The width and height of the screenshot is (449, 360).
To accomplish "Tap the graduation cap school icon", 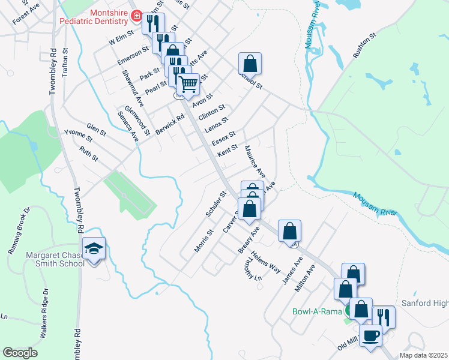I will click(x=94, y=249).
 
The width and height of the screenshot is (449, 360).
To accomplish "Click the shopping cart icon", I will click(x=188, y=83).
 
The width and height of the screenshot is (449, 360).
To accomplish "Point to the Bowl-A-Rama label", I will click(x=316, y=311).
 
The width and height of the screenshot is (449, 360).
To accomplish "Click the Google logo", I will click(x=20, y=353).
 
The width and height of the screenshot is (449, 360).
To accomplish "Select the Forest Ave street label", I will click(x=25, y=14).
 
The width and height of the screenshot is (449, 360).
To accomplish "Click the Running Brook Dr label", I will click(x=19, y=232).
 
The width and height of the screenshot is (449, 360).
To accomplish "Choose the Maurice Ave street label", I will click(x=255, y=160).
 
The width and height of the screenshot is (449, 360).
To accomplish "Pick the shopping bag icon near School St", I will click(x=249, y=63).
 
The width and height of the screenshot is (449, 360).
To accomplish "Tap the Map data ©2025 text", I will click(x=423, y=355).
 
